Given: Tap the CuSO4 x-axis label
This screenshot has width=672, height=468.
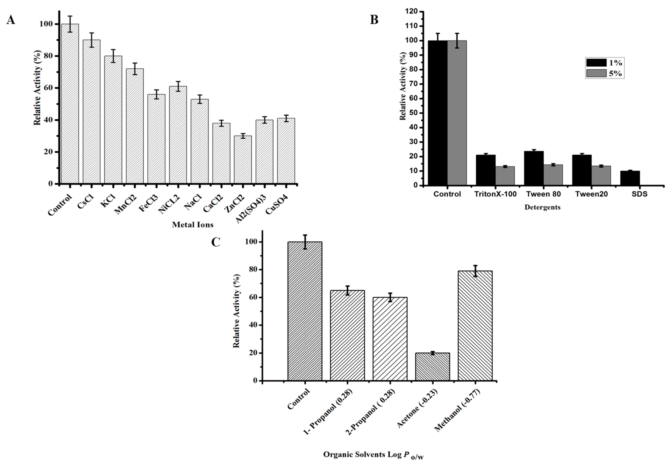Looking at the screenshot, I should click(x=277, y=204).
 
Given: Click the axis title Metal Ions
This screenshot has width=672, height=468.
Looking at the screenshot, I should click(x=193, y=225).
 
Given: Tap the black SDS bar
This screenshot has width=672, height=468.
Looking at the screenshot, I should click(x=630, y=178).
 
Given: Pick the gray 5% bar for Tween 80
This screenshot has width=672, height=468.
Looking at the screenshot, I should click(x=553, y=175).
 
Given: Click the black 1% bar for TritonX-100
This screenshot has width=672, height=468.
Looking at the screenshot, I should click(x=486, y=170).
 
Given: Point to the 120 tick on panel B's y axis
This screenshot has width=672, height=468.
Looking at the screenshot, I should click(x=412, y=12).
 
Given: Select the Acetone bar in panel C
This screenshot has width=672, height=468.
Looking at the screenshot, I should click(x=433, y=367).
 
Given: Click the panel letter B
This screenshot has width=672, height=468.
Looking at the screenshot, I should click(x=374, y=20).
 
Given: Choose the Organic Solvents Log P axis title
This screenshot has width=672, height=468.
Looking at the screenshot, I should click(x=373, y=455).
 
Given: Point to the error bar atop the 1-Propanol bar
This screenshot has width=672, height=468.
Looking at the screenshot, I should click(x=347, y=290).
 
